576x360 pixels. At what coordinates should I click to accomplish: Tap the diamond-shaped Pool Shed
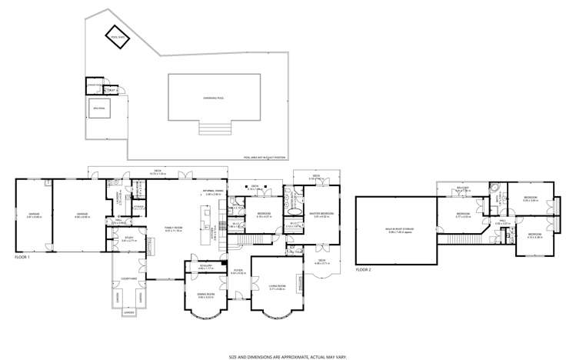pyautogui.click(x=118, y=38)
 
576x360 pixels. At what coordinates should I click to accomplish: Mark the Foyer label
pyautogui.click(x=238, y=272)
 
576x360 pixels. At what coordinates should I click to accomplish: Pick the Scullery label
pyautogui.click(x=205, y=267)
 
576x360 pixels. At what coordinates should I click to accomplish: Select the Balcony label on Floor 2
pyautogui.click(x=463, y=188)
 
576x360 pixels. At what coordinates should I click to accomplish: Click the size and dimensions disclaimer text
pyautogui.click(x=288, y=356)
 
